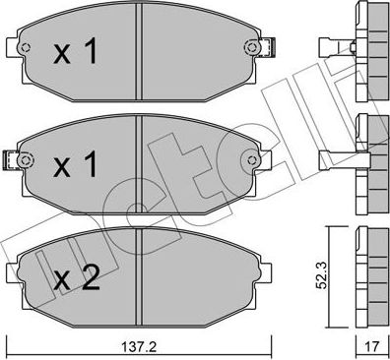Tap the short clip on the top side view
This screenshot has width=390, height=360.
tap(335, 46)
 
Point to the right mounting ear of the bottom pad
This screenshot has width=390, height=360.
tap(261, 270)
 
